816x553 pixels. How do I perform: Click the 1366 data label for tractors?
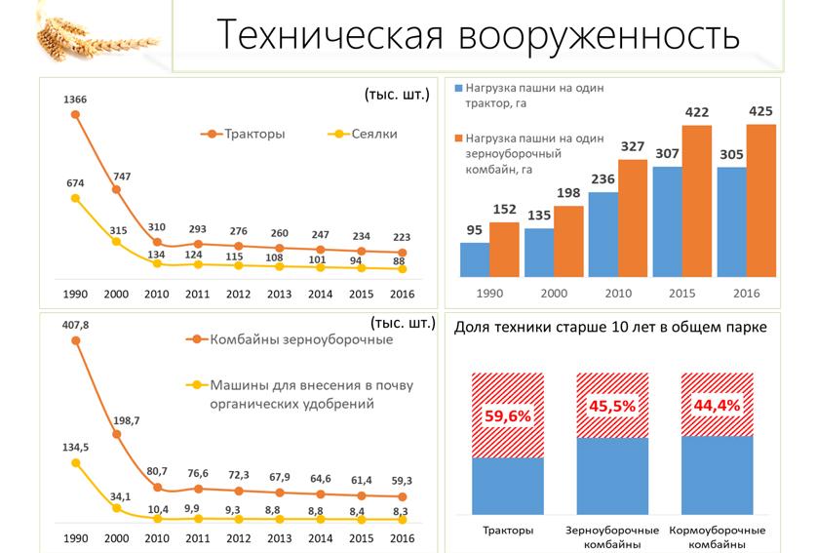[75, 99]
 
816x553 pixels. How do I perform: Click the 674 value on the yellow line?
[75, 182]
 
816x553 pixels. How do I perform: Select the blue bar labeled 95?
[475, 258]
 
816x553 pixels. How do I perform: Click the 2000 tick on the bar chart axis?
[538, 293]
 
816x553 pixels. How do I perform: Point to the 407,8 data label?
[75, 325]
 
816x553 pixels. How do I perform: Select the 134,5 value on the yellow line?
[75, 448]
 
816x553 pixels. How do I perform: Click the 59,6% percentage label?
[508, 416]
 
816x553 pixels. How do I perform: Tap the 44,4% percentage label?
[717, 405]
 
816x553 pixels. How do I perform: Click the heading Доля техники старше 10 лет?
[610, 328]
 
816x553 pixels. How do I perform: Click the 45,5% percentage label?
[612, 405]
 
